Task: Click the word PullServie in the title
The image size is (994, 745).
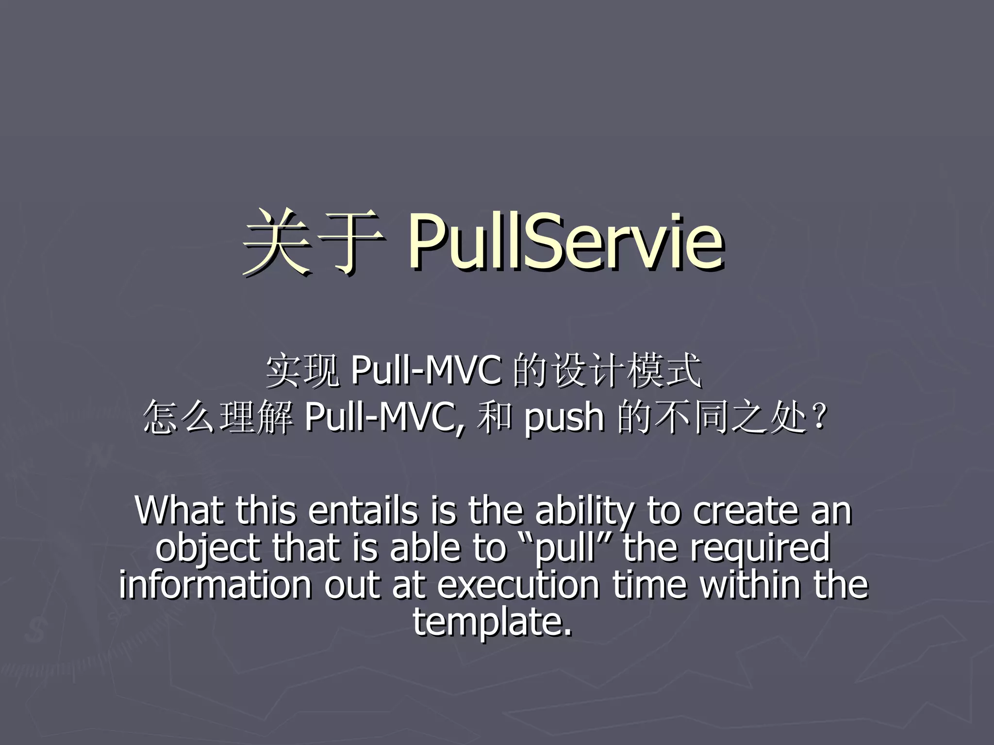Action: pyautogui.click(x=566, y=243)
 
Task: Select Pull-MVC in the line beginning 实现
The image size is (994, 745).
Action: pyautogui.click(x=425, y=371)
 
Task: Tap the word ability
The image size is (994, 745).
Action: pyautogui.click(x=585, y=512)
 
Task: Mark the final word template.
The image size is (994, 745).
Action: pyautogui.click(x=492, y=622)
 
